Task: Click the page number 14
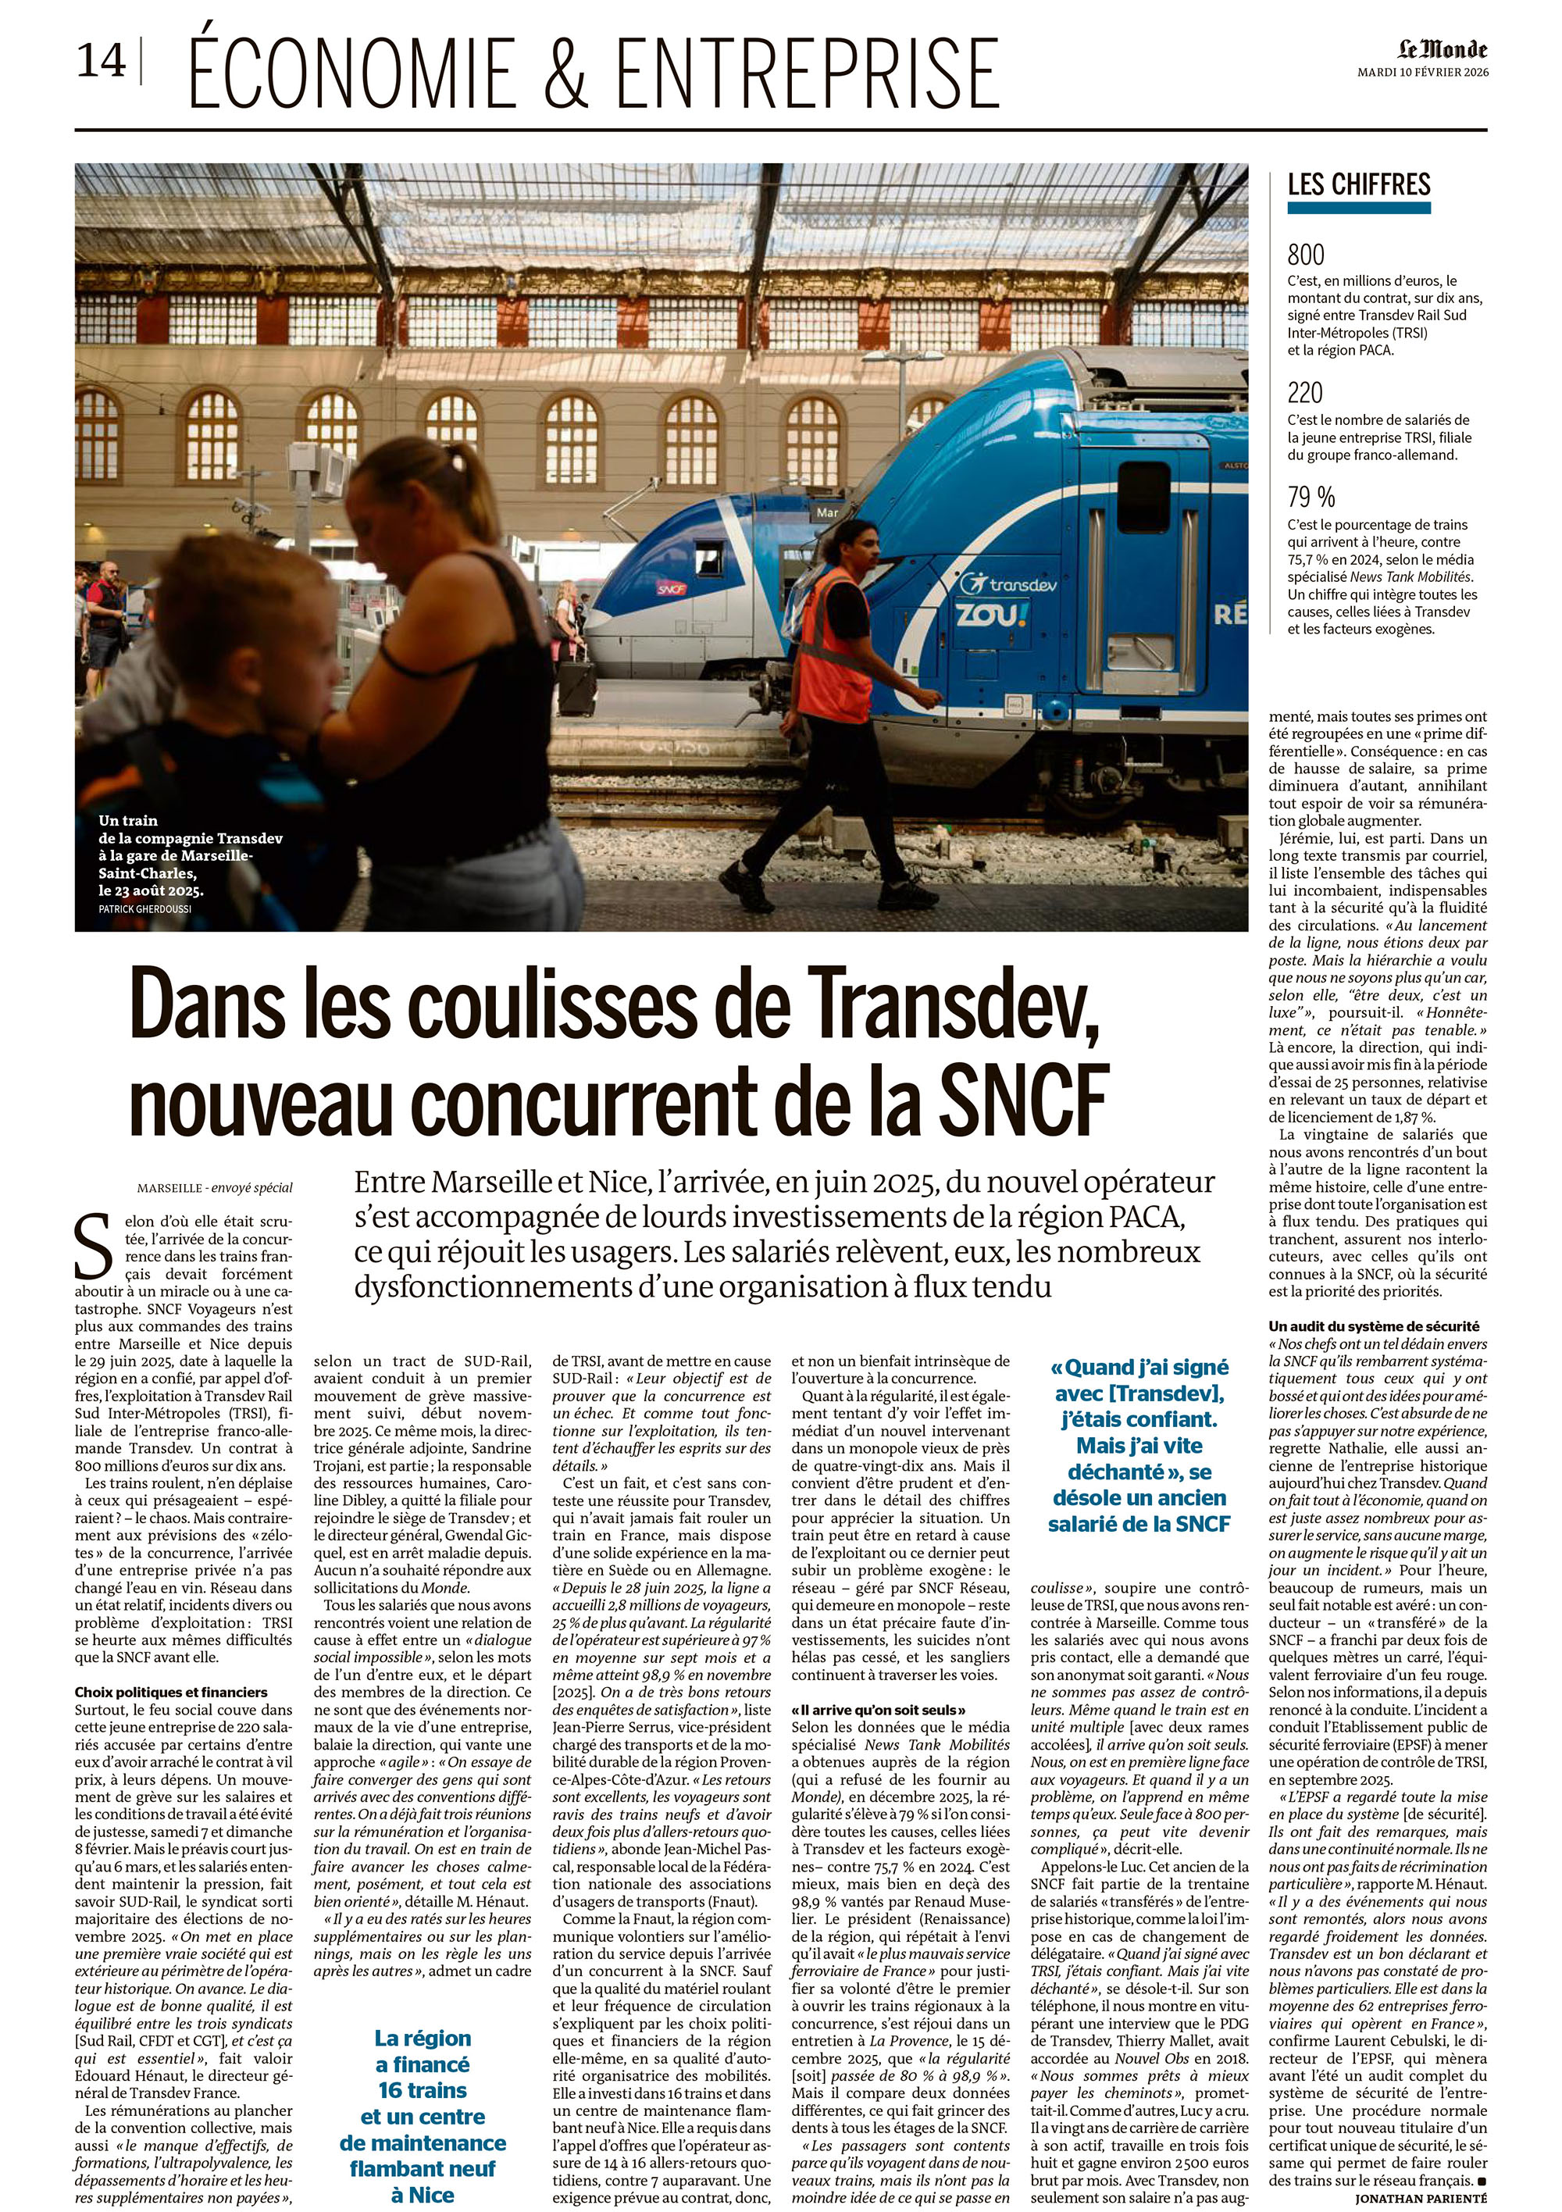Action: tap(102, 62)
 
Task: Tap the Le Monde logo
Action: tap(1443, 50)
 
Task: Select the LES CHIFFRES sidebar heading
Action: tap(1359, 184)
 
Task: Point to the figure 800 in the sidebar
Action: tap(1306, 255)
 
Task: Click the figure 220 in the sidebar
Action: tap(1306, 393)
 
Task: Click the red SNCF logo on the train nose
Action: tap(672, 587)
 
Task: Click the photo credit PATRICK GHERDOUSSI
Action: tap(144, 908)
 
